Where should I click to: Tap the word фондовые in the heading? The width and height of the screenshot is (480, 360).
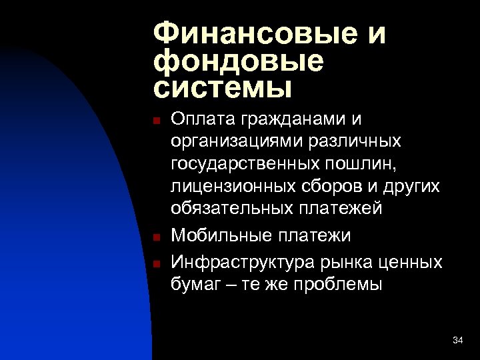tap(238, 61)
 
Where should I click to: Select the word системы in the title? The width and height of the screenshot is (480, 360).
tap(223, 87)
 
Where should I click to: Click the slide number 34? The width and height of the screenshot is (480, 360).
tap(457, 341)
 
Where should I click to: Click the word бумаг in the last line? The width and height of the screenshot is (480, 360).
tap(194, 285)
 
